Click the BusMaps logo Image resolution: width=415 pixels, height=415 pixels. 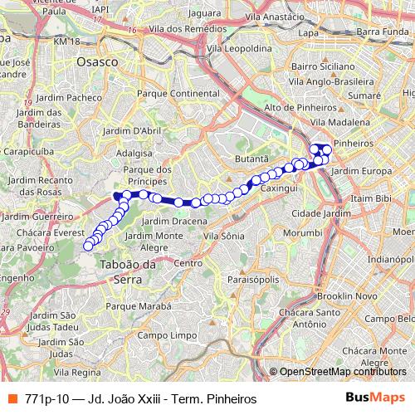point(374,398)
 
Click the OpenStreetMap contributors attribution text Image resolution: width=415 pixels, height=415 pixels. point(343,372)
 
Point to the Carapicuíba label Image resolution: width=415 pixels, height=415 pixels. point(27,154)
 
